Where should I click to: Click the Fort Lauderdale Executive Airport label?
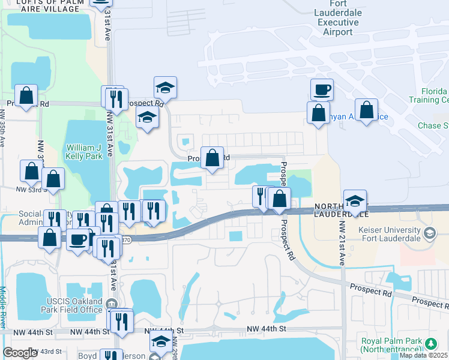click(x=338, y=18)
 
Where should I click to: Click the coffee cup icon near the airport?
click(x=322, y=90)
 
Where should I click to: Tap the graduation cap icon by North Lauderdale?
click(x=355, y=201)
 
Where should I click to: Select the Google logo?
click(x=20, y=353)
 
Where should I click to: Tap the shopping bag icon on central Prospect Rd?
click(x=212, y=158)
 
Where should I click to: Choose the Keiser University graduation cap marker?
click(x=429, y=232)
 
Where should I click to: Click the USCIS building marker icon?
click(x=112, y=304)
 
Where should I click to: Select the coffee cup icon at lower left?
click(x=77, y=240)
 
